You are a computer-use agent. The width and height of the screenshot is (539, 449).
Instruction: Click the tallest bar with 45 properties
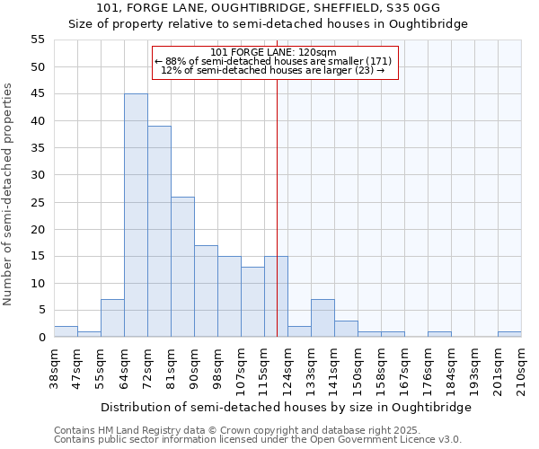pos(136,216)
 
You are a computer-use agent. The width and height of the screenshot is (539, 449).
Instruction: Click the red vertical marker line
pos(277,207)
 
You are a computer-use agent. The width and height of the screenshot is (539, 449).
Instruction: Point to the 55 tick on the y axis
pos(37,40)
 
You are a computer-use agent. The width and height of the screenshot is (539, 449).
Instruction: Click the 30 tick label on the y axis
pos(37,175)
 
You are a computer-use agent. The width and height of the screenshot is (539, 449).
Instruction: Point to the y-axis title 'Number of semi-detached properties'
pos(9,194)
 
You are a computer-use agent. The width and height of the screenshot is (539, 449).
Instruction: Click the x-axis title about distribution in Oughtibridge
pos(286,407)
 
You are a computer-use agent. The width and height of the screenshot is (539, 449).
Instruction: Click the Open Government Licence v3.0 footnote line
pos(258,440)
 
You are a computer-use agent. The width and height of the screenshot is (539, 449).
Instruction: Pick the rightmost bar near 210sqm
pos(509,334)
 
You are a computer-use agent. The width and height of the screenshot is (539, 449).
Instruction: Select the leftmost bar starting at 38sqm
pos(66,331)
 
